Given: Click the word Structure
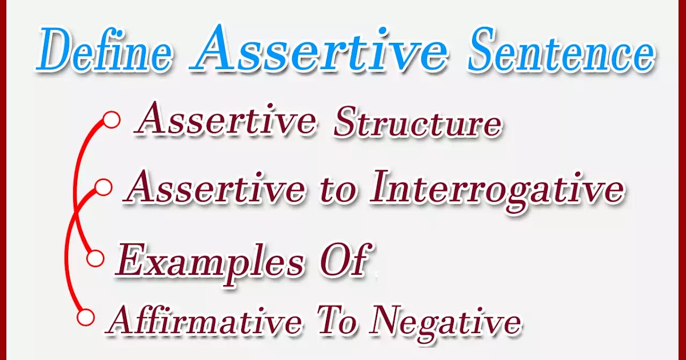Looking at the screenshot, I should pos(417,123).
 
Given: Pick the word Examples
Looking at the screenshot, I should pos(209,262).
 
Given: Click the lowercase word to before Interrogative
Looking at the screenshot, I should pos(338,190).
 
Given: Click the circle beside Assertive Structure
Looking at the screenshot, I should pos(112,120).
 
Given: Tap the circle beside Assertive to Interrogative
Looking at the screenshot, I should pos(103,187).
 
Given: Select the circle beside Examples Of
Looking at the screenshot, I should pos(96,258).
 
